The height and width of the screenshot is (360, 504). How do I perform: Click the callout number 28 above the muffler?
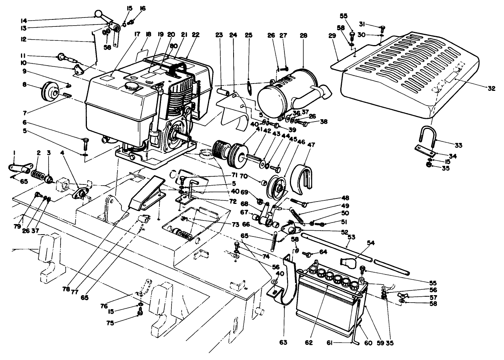[x=303, y=35]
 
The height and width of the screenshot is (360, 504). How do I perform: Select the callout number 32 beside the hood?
[x=491, y=89]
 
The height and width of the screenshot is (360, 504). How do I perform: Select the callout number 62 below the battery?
[x=308, y=343]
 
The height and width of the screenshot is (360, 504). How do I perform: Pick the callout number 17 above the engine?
[x=115, y=35]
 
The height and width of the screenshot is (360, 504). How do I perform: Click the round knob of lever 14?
[x=98, y=15]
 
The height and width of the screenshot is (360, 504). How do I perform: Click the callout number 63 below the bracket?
[x=284, y=343]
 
